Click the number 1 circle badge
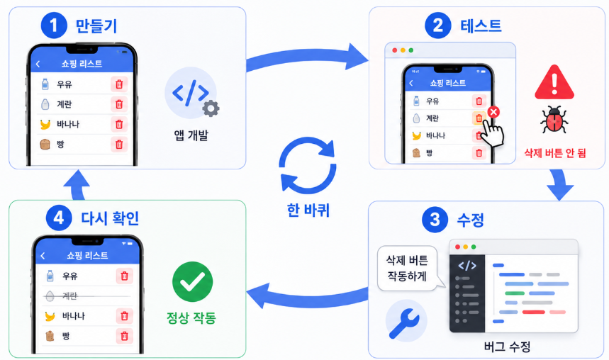54,26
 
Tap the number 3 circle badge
435,220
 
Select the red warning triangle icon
554,82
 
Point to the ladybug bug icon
554,120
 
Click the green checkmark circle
193,282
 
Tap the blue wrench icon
404,322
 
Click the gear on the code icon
211,108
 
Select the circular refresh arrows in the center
308,165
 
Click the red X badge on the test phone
493,112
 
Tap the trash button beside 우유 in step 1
119,84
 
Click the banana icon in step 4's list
50,316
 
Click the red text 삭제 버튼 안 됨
555,153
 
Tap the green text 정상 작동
191,318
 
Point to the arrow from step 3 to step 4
307,297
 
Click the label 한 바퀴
308,210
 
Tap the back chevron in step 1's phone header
38,64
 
